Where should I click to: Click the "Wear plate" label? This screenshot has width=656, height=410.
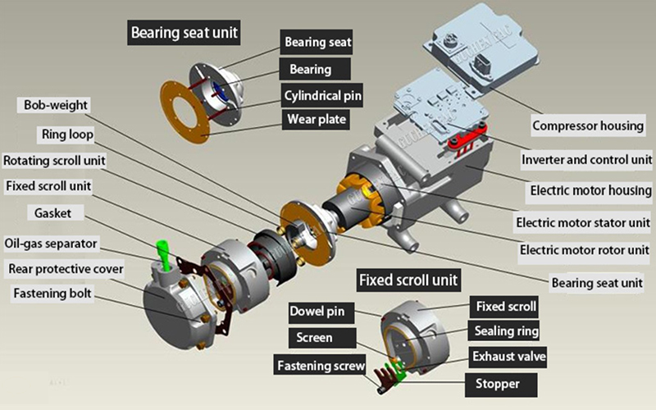[317, 120]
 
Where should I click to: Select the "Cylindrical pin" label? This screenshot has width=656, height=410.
[322, 95]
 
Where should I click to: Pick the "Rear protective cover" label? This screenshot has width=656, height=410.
[66, 268]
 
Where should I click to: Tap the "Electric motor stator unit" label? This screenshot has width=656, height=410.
[583, 222]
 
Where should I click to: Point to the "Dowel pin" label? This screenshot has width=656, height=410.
[322, 312]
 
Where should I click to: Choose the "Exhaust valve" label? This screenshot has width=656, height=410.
[508, 357]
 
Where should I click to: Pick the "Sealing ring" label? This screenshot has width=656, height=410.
[507, 331]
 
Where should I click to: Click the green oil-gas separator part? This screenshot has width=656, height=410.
[163, 254]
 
